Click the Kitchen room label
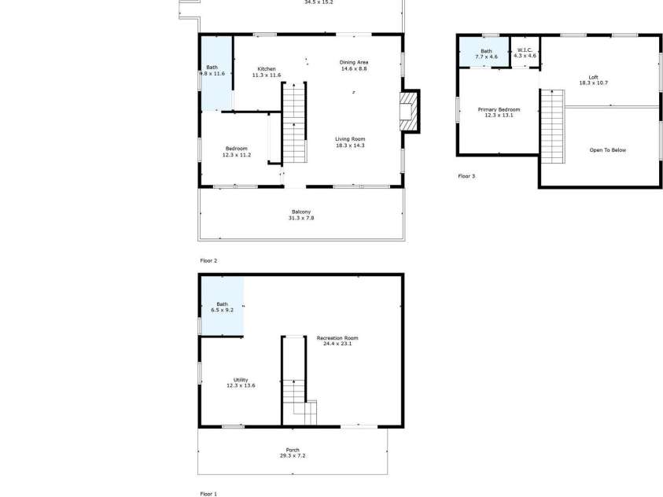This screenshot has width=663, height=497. point(267,68)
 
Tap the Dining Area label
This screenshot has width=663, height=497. point(354,62)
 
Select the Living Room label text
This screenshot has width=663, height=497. point(349,139)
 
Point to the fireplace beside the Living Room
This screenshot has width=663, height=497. point(408,112)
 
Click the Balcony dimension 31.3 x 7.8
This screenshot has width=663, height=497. point(301,218)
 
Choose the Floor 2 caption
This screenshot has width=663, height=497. point(208,260)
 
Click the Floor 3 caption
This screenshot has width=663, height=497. point(466,176)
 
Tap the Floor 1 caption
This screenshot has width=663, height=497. point(208,494)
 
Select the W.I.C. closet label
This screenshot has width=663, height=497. point(525,51)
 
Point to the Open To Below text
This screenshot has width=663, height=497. point(608,150)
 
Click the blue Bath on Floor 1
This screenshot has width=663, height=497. point(221,307)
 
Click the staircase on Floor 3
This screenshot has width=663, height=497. point(552,126)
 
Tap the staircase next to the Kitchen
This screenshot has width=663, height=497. point(293,122)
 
